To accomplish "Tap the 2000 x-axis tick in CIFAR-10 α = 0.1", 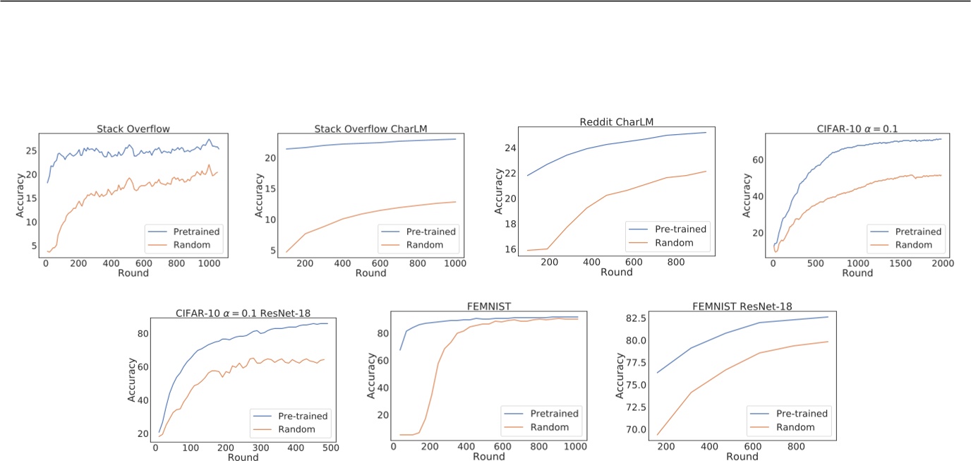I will tap(943, 263).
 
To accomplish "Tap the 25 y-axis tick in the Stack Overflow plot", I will tap(30, 150).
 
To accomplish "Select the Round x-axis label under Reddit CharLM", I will tap(617, 273).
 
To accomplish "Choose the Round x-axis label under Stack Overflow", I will tap(134, 273).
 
